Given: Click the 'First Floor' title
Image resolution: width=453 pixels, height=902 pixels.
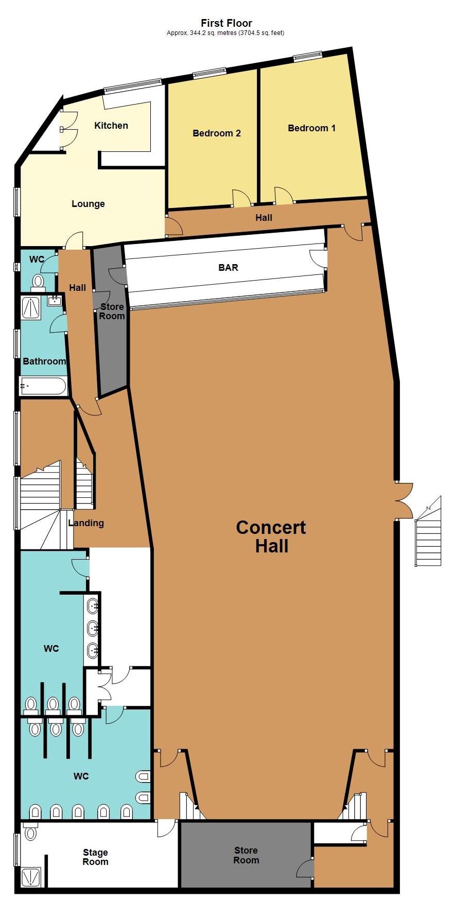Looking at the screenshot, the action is (x=226, y=23).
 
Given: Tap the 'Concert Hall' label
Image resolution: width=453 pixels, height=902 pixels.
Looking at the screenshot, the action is (x=271, y=536).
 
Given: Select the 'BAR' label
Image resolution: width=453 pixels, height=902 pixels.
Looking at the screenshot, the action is (x=228, y=268).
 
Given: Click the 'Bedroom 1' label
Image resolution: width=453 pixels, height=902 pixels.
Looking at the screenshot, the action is (x=311, y=128).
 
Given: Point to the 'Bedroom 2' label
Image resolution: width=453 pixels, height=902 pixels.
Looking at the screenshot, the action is (x=217, y=133).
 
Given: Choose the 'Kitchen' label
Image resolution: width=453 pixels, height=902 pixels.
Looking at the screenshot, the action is (x=111, y=126).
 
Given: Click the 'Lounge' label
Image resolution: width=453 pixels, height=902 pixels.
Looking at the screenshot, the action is (x=88, y=204).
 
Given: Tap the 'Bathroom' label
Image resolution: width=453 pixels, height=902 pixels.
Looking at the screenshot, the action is (x=44, y=361).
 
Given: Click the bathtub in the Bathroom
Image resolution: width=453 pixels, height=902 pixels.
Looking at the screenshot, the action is (x=43, y=386).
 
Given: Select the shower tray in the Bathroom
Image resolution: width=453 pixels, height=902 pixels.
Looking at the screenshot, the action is (x=30, y=307).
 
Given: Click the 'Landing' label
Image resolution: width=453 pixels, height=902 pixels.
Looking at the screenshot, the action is (x=86, y=523).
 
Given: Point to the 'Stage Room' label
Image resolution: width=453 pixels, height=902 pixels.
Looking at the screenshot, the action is (x=95, y=857).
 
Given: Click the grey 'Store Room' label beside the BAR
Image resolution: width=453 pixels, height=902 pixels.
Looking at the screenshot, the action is (x=112, y=311).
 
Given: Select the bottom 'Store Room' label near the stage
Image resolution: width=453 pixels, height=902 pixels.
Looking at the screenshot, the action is (x=246, y=855).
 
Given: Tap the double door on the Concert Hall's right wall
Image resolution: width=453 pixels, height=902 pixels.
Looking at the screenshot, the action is (x=404, y=501).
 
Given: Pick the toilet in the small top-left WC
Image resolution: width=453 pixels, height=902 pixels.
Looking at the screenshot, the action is (x=38, y=281).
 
